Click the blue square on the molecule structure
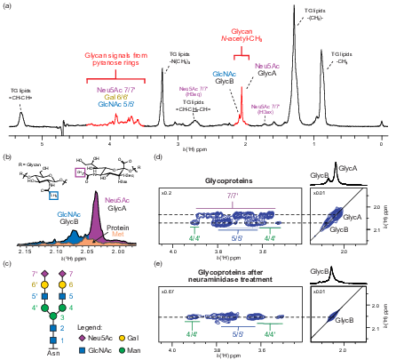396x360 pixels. [x=53, y=195]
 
